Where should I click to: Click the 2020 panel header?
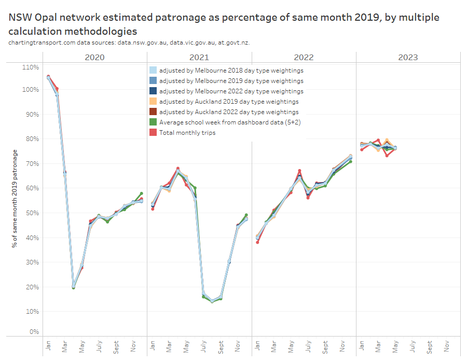pos(94,57)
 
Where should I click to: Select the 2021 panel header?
pos(199,57)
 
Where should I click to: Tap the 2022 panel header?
pos(304,57)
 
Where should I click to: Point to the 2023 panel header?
pos(408,57)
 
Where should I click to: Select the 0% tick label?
pos(34,332)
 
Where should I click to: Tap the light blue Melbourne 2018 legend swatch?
pos(153,71)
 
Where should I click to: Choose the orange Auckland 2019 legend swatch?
pos(153,102)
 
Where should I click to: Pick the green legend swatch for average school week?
pos(153,122)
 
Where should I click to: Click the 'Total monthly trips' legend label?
pos(187,133)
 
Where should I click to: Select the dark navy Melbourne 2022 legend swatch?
pos(153,91)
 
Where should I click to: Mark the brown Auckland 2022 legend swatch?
pos(153,112)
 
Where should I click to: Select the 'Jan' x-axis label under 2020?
pos(48,345)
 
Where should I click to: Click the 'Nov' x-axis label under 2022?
pos(342,345)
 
